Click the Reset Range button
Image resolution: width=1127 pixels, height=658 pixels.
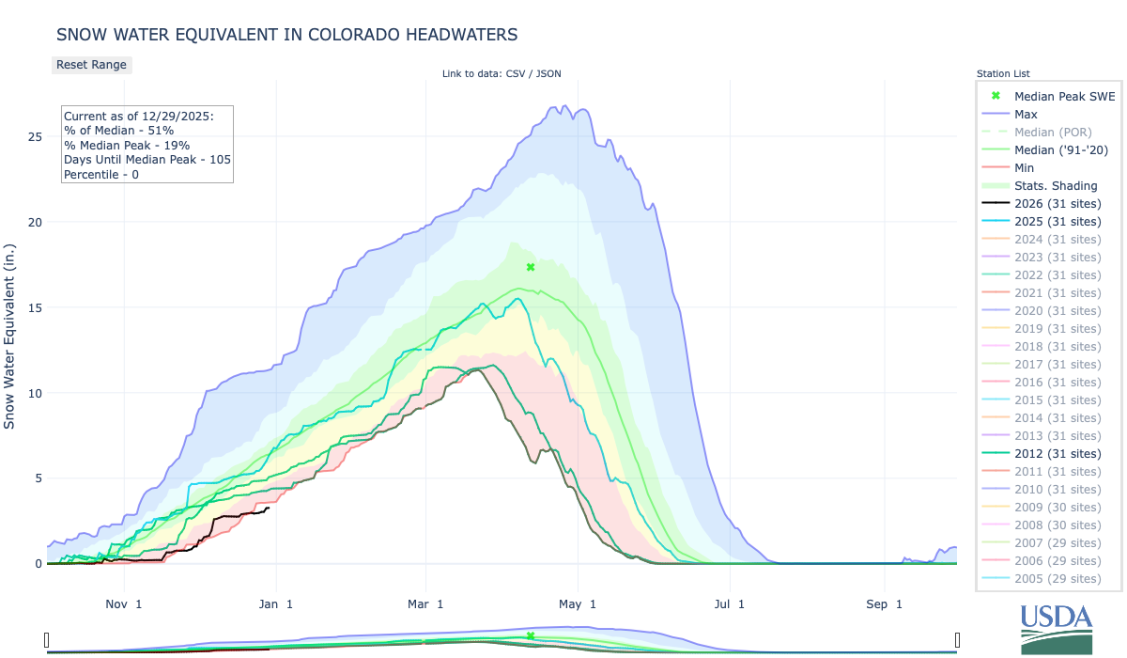pyautogui.click(x=91, y=65)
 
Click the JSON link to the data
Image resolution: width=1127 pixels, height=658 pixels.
pyautogui.click(x=548, y=73)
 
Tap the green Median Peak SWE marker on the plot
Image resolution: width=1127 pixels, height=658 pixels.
pyautogui.click(x=531, y=267)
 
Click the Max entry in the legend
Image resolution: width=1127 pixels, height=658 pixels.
pyautogui.click(x=1026, y=114)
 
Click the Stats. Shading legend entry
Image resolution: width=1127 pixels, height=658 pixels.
pyautogui.click(x=1056, y=185)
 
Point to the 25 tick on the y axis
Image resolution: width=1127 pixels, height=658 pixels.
pyautogui.click(x=35, y=137)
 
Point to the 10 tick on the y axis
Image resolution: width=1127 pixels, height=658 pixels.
pyautogui.click(x=35, y=393)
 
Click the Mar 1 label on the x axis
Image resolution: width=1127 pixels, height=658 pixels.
pyautogui.click(x=425, y=603)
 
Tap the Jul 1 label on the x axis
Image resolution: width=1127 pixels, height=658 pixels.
pyautogui.click(x=729, y=603)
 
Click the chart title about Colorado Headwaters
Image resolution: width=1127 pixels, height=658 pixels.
pyautogui.click(x=286, y=35)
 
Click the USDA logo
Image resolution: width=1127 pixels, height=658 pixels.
pyautogui.click(x=1057, y=627)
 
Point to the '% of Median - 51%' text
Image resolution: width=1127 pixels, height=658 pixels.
pyautogui.click(x=118, y=130)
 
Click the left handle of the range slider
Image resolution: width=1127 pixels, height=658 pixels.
pyautogui.click(x=47, y=640)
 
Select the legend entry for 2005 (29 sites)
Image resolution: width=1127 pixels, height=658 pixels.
pyautogui.click(x=1058, y=578)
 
